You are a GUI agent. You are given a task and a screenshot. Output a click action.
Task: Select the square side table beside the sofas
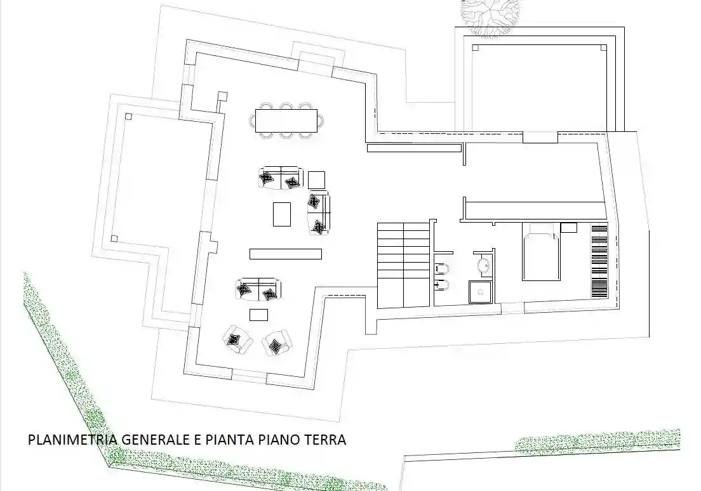point(317,180)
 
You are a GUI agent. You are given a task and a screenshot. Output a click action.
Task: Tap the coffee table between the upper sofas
point(282,214)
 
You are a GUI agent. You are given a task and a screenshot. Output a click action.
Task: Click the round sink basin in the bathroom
point(483,265)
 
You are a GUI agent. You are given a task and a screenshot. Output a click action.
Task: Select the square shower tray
point(481,292)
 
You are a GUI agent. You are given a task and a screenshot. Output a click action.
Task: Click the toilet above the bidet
point(442,267)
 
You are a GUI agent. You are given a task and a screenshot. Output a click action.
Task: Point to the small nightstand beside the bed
point(568,227)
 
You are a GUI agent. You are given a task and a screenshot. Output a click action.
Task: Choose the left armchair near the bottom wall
point(237,340)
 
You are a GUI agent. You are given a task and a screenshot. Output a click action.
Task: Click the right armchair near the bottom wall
point(277,344)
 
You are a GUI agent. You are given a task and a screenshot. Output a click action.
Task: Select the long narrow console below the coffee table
point(286,254)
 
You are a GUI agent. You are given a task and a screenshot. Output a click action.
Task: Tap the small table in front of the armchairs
point(258,315)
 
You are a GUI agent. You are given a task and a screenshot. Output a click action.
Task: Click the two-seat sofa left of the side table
point(281,178)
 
